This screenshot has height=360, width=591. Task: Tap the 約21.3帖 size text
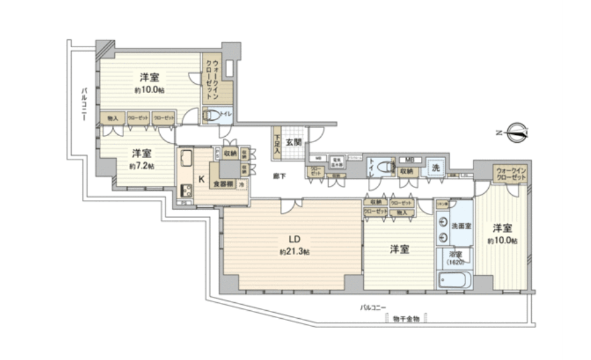pos(292,252)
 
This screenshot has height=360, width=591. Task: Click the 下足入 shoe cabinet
pos(276,143)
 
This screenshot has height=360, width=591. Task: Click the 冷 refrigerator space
pos(242,183)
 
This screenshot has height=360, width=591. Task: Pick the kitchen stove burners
pos(186,188)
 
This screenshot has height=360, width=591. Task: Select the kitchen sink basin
pos(185,159)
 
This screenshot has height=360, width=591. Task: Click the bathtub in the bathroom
pos(455,279)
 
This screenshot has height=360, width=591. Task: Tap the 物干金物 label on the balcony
pos(406,319)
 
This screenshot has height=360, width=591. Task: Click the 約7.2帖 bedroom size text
pos(141,165)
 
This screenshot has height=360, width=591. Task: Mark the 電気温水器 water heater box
pos(337,160)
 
